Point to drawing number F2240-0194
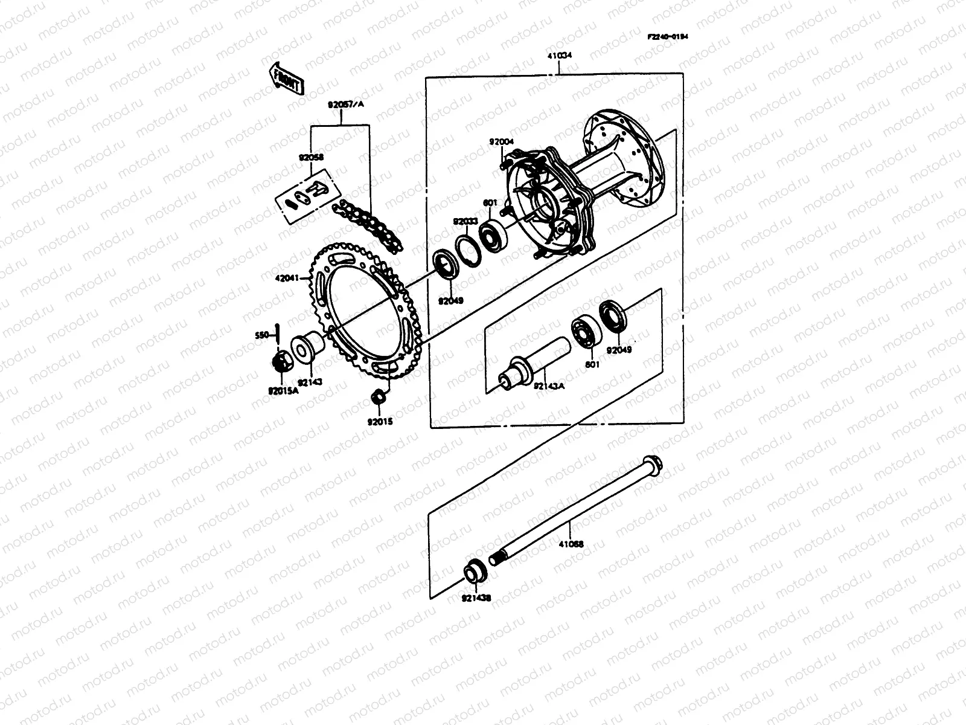[668, 36]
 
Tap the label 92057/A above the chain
[346, 104]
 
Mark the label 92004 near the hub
[502, 143]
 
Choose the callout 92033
[465, 221]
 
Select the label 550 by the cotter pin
[261, 333]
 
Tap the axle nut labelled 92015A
[280, 362]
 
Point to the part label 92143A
[549, 385]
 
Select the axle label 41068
[571, 544]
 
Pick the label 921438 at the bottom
[477, 598]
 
